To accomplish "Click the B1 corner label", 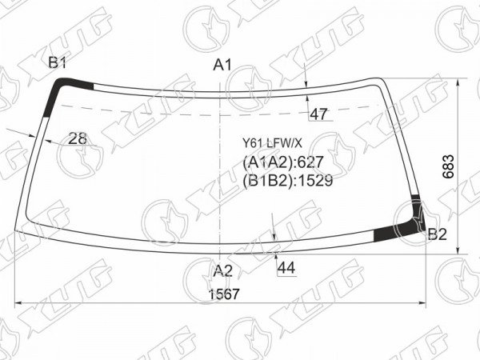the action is pos(58,63).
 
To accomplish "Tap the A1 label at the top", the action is pos(222,65).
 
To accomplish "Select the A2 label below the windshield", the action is pos(223,270).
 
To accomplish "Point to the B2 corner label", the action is pos(438,234).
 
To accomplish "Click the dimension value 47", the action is pos(318,114).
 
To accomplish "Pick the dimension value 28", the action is pos(78,138).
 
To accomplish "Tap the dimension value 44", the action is pos(286,268).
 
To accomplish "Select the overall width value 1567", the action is pos(223,294).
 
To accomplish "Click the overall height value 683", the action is pos(449,166).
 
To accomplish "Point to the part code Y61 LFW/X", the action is pos(272,142).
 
